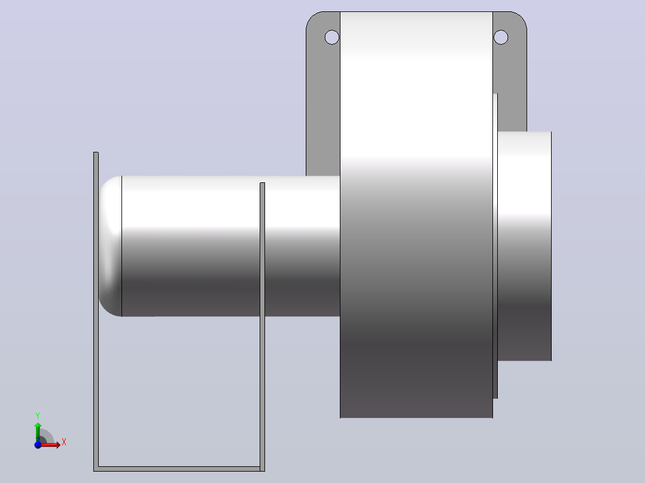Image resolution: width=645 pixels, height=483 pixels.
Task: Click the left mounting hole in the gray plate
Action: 332,38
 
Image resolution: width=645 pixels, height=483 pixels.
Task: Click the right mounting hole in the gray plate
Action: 501,38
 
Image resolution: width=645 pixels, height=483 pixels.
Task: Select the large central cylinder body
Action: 416,215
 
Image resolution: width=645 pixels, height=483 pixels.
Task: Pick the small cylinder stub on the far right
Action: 525,246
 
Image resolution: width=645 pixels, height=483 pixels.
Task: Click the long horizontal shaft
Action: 230,246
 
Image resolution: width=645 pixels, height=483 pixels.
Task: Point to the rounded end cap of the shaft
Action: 110,246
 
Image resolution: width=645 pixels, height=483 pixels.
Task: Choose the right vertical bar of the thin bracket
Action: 263,327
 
